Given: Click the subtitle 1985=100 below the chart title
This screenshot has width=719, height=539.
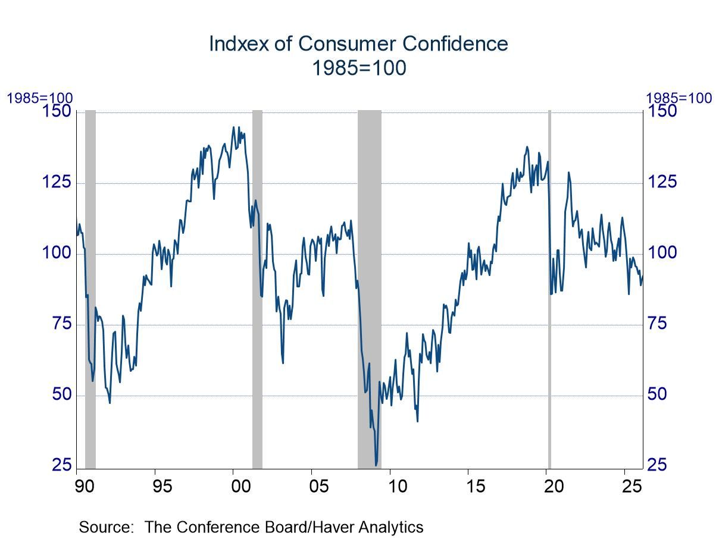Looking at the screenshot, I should click(359, 68).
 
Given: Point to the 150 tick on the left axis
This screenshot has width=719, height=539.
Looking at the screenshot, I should click(58, 111).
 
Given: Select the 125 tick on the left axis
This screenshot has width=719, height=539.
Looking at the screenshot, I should click(58, 182).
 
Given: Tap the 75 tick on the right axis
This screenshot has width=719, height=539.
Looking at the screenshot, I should click(661, 324).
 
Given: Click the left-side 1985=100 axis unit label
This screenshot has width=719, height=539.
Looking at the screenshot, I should click(39, 98).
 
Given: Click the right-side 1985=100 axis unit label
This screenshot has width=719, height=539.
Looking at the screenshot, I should click(679, 98).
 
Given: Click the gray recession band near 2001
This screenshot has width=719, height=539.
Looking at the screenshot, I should click(257, 286).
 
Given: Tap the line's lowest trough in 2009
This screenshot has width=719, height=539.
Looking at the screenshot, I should click(376, 465).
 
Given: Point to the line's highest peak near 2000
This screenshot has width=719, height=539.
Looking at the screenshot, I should click(233, 127).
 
